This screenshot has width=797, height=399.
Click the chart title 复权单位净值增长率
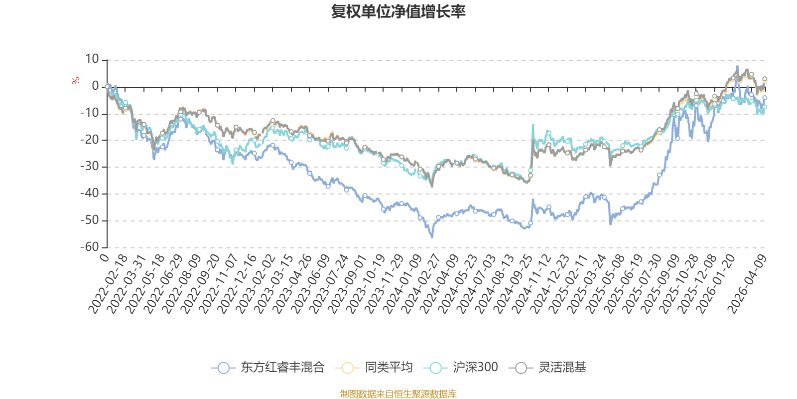[x=398, y=11]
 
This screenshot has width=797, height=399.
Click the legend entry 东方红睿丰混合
[x=268, y=368]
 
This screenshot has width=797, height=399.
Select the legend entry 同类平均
[x=374, y=368]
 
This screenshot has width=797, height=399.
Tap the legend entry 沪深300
[x=461, y=368]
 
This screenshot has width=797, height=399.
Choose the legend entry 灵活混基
[x=548, y=368]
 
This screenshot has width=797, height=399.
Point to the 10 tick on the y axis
[x=92, y=59]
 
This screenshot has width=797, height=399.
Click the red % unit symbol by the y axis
[x=76, y=81]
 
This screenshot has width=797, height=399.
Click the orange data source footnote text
[x=398, y=394]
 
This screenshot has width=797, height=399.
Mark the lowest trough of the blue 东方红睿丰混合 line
[x=432, y=237]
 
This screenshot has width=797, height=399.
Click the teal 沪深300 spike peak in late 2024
[x=533, y=125]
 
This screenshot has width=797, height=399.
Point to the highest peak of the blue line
[x=737, y=66]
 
